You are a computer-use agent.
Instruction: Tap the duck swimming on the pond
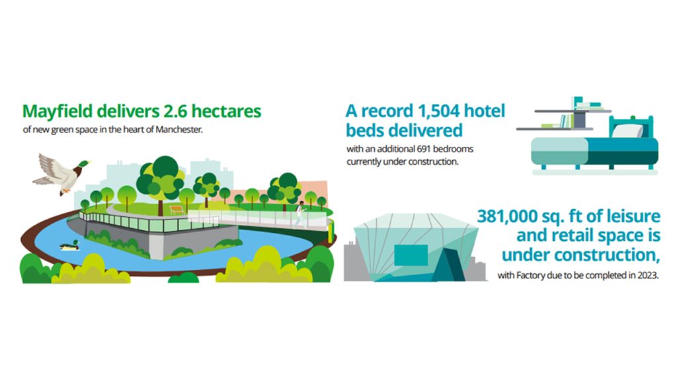coord(69,246)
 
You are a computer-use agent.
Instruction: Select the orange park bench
coord(177,210)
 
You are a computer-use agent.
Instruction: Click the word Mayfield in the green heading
coord(58,111)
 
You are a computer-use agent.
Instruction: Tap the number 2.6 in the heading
coord(175,111)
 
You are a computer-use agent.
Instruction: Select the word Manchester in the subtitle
coord(179,130)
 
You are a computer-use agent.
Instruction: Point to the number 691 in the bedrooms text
coord(423,149)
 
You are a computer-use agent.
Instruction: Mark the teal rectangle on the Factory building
coord(411,255)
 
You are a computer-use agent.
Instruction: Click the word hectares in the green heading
coord(226,111)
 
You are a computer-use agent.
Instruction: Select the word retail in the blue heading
coord(572,235)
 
